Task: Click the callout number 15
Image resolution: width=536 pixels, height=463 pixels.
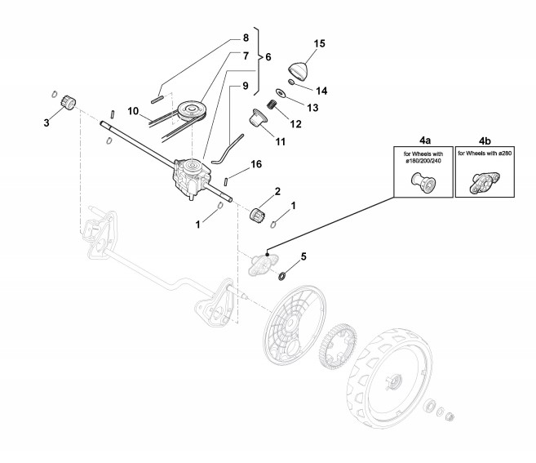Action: click(319, 43)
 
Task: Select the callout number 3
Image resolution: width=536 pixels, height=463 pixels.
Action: click(47, 122)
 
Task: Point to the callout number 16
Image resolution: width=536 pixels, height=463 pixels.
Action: click(256, 164)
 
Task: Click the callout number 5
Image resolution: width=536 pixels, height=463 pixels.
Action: click(303, 256)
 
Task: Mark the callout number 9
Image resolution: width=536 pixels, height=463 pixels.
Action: click(244, 86)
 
